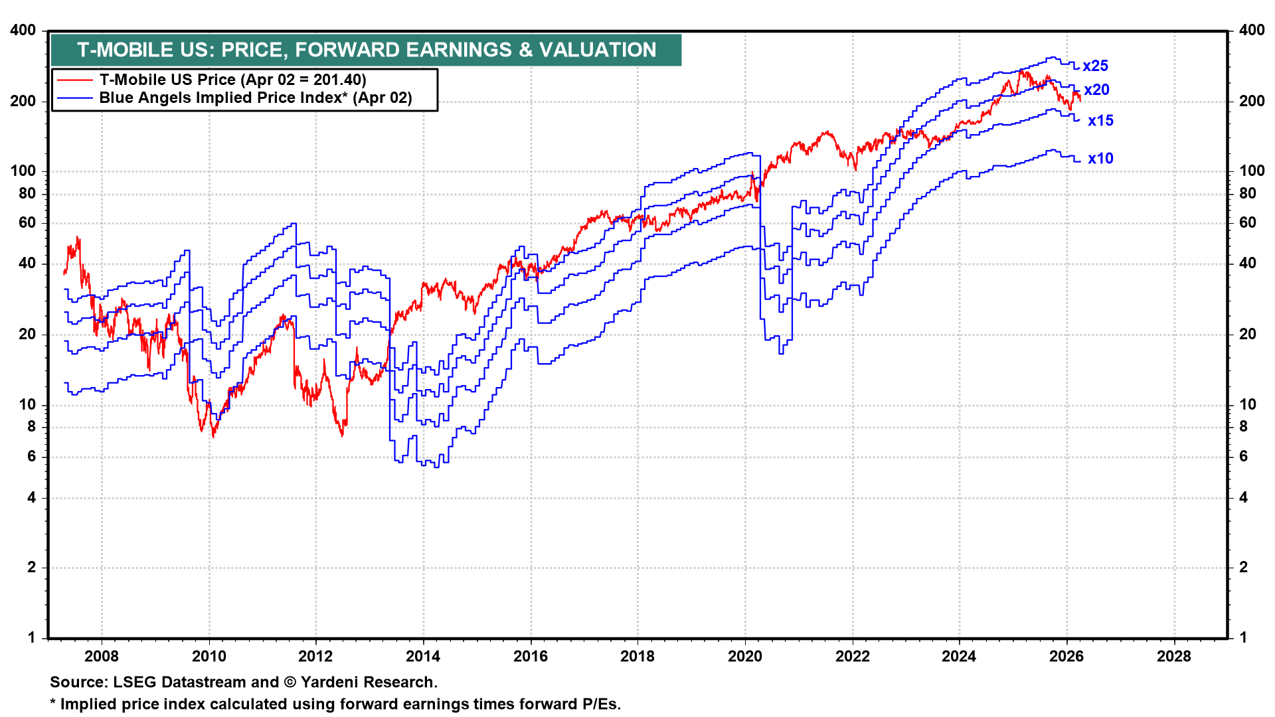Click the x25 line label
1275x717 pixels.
pos(1095,66)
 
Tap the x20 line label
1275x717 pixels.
pos(1096,90)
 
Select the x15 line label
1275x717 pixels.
pos(1100,121)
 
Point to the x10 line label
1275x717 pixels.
pos(1100,159)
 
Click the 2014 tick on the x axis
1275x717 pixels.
pos(423,657)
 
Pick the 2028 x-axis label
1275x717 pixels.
pos(1173,657)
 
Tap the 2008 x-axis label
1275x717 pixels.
pos(102,657)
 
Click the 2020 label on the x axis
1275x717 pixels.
pos(744,657)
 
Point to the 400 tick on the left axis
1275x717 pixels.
pos(23,31)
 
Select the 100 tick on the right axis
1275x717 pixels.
pos(1252,171)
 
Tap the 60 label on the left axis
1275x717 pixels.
pos(27,223)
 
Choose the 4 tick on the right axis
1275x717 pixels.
pos(1244,498)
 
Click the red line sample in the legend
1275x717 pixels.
pos(74,80)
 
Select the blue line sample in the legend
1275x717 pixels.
pos(74,98)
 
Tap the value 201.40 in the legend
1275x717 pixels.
pos(337,80)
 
